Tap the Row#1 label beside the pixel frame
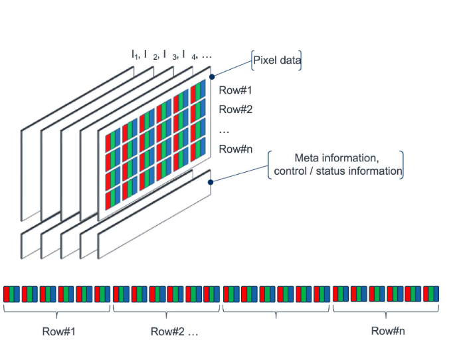[x=236, y=91]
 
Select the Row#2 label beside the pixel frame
[x=236, y=110]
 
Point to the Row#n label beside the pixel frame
[x=236, y=149]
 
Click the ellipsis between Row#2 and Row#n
[x=224, y=130]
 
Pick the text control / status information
[x=337, y=171]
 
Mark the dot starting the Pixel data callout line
[x=212, y=77]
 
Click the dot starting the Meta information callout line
[x=211, y=181]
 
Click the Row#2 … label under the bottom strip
[x=174, y=331]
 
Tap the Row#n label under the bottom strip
[x=388, y=330]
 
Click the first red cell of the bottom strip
[x=7, y=294]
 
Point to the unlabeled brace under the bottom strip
[x=276, y=308]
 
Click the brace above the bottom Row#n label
[x=387, y=308]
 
